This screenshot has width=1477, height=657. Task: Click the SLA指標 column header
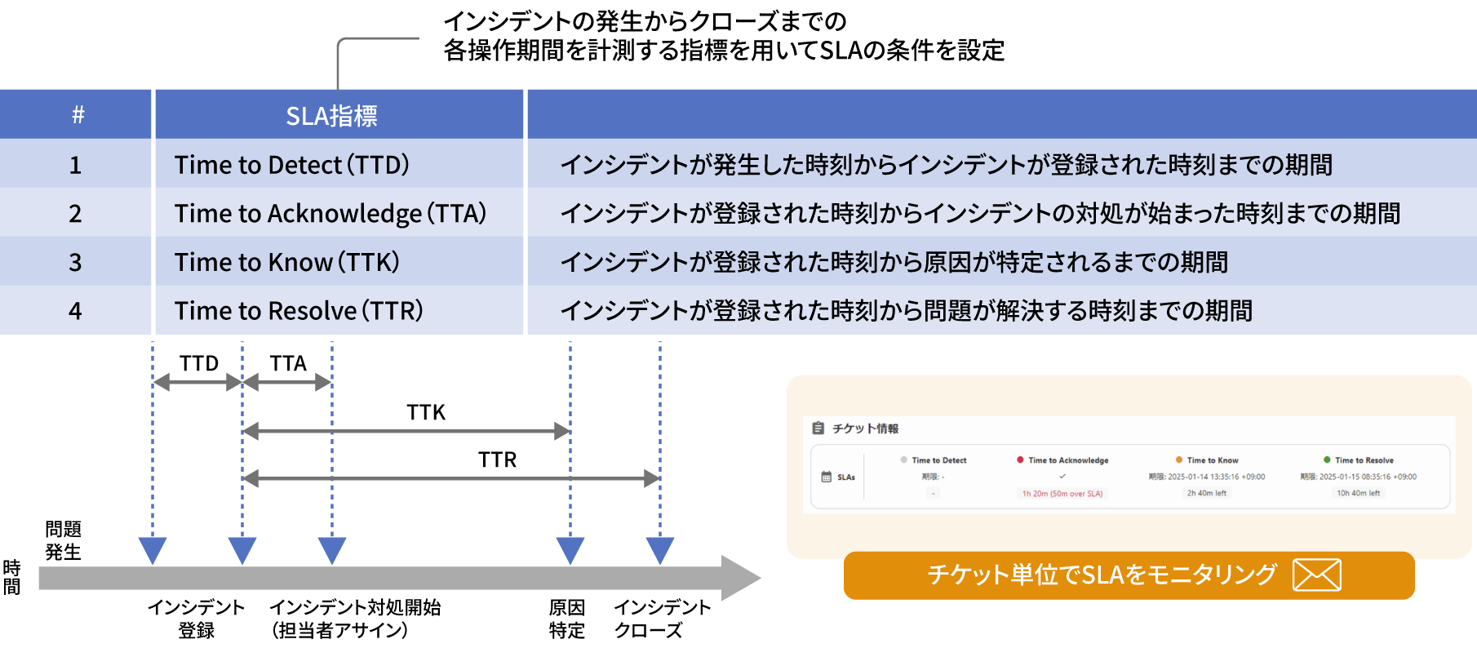[x=331, y=116]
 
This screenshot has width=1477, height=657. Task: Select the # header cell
[x=78, y=115]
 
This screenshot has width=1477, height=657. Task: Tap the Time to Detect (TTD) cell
[x=291, y=165]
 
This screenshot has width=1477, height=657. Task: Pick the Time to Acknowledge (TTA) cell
[x=330, y=214]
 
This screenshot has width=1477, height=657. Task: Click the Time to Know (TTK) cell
[x=286, y=262]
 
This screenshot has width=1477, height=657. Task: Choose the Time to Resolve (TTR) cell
[x=299, y=311]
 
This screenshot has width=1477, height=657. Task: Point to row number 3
[x=75, y=262]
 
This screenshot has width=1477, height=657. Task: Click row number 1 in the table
[x=75, y=165]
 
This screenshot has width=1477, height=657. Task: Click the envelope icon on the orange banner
[x=1316, y=575]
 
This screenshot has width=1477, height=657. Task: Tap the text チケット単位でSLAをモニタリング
[x=1102, y=575]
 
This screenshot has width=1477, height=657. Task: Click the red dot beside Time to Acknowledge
[x=1020, y=459]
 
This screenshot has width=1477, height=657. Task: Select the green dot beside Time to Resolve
[x=1327, y=459]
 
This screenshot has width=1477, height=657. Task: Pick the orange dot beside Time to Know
[x=1178, y=459]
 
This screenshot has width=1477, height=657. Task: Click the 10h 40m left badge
[x=1358, y=493]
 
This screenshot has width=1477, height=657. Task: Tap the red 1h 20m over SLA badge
[x=1062, y=494]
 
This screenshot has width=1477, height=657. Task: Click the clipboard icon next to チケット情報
[x=818, y=428]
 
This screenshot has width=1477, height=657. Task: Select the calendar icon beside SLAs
[x=826, y=477]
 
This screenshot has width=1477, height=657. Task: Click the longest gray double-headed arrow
[x=451, y=479]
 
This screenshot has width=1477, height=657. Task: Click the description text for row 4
[x=906, y=311]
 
